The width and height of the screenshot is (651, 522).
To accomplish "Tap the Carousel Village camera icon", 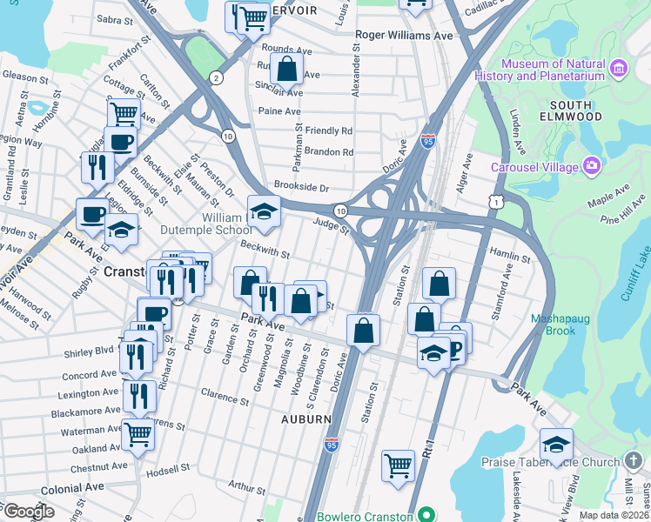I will click(x=592, y=165).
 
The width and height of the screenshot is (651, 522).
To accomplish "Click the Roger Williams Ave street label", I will click(x=405, y=36).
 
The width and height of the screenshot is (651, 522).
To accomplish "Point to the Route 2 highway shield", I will click(x=214, y=78).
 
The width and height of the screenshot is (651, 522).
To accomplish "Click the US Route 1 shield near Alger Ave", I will click(x=495, y=201).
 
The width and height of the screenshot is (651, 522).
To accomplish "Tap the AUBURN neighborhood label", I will click(x=305, y=418).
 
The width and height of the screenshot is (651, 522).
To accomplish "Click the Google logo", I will click(x=29, y=511).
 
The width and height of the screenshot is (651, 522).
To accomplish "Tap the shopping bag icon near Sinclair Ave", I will click(x=286, y=69).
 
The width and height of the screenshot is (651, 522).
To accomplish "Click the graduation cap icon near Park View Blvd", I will click(x=556, y=445).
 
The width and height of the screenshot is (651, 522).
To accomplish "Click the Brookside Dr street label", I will click(x=301, y=187).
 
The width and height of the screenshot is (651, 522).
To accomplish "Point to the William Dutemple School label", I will click(x=213, y=224).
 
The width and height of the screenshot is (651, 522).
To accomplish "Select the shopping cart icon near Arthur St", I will click(x=398, y=465).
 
